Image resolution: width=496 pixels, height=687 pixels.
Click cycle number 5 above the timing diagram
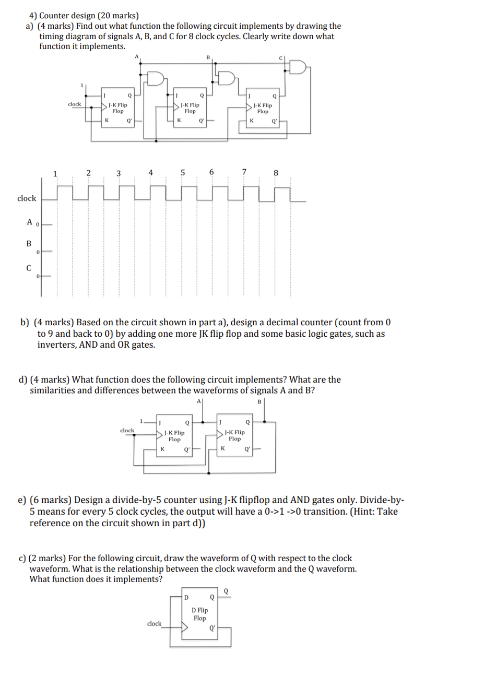183,172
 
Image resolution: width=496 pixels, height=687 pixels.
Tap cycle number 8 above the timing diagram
276,173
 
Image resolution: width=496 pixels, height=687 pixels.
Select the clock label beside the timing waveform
27,198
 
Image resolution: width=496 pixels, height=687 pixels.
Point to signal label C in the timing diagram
29,268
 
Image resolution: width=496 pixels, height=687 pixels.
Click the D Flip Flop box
199,614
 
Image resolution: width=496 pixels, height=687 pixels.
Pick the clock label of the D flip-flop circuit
154,623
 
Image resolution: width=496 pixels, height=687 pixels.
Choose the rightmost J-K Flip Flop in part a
263,108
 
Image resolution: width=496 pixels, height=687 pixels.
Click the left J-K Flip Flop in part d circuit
174,435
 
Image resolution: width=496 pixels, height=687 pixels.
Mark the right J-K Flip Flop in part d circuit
235,435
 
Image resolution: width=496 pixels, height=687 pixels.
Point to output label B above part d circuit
259,401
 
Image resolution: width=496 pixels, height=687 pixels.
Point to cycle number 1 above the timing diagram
55,173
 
